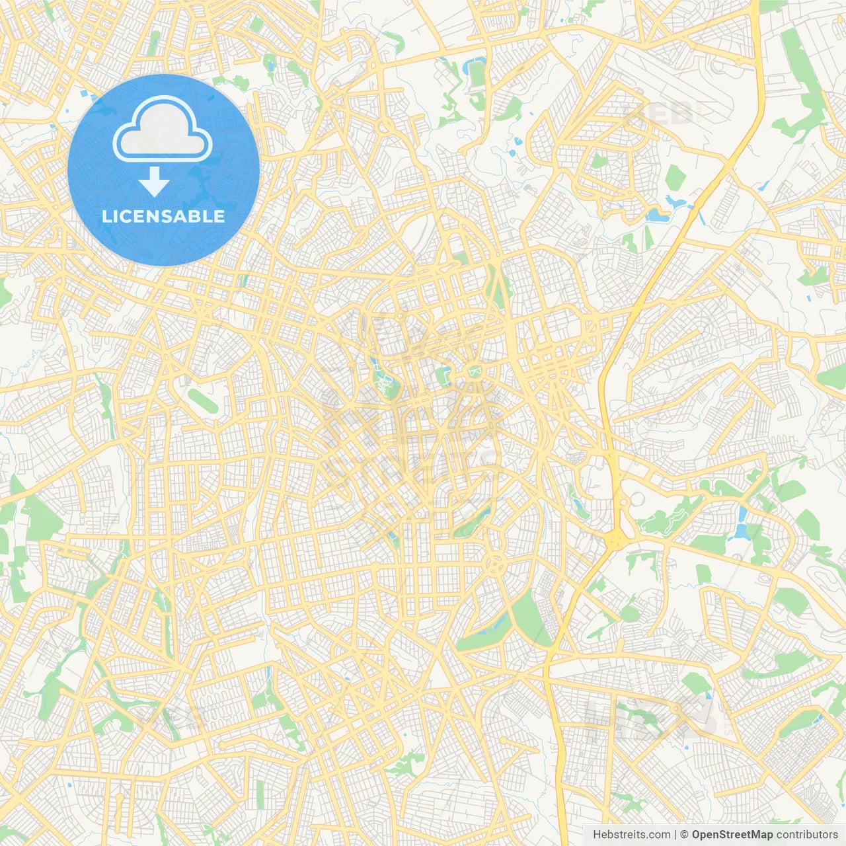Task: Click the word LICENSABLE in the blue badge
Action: (163, 216)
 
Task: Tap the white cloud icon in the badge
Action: (163, 129)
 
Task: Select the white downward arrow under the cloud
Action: (154, 181)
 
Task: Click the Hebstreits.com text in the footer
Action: (631, 835)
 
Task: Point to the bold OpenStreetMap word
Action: (732, 835)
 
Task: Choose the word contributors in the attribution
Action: (807, 835)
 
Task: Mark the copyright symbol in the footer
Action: (685, 835)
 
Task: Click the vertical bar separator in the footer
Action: (675, 835)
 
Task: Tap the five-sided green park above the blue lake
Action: (675, 177)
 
